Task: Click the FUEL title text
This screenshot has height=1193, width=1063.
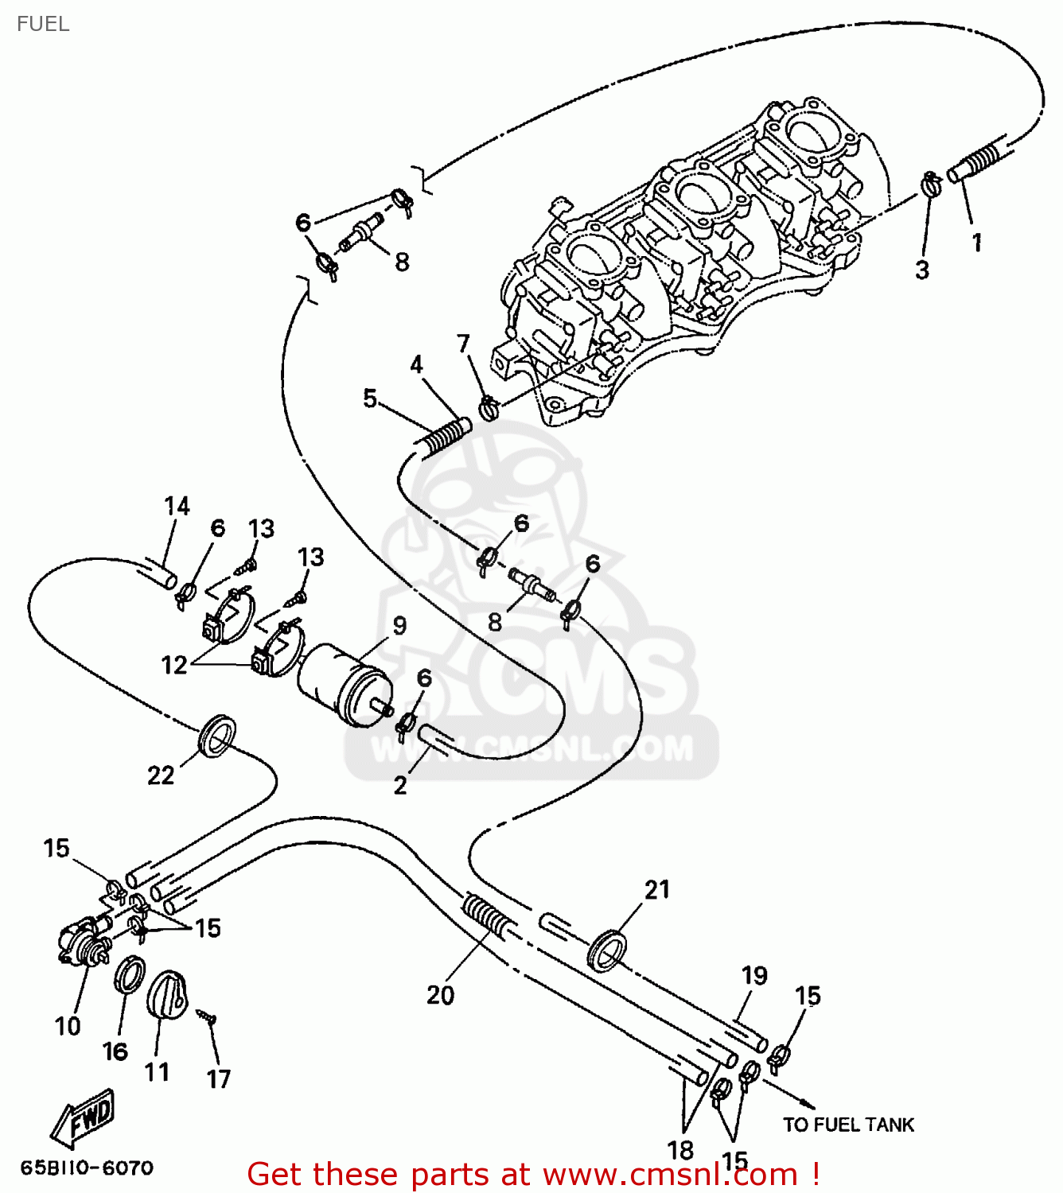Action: pyautogui.click(x=43, y=24)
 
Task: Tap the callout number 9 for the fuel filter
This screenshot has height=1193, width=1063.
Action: pyautogui.click(x=399, y=626)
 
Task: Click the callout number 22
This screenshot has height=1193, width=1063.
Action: pyautogui.click(x=161, y=775)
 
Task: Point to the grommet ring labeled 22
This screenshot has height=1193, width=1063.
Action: pyautogui.click(x=216, y=736)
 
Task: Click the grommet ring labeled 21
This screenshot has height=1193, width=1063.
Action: pyautogui.click(x=607, y=950)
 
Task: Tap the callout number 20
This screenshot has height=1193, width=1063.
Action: pyautogui.click(x=440, y=995)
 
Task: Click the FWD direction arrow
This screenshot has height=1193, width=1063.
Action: pyautogui.click(x=84, y=1117)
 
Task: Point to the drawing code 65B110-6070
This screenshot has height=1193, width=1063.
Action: pyautogui.click(x=87, y=1168)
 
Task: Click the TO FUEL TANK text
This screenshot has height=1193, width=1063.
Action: pyautogui.click(x=848, y=1125)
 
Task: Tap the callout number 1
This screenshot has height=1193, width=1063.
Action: pyautogui.click(x=977, y=243)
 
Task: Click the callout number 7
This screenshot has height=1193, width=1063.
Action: pyautogui.click(x=464, y=343)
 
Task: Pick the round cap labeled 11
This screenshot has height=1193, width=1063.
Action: pyautogui.click(x=167, y=994)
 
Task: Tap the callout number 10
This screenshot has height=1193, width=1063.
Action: pyautogui.click(x=68, y=1026)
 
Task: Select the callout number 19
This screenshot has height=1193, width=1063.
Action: pyautogui.click(x=754, y=975)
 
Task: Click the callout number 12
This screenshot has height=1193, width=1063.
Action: pyautogui.click(x=174, y=664)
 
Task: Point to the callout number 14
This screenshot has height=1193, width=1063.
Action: pyautogui.click(x=177, y=507)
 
